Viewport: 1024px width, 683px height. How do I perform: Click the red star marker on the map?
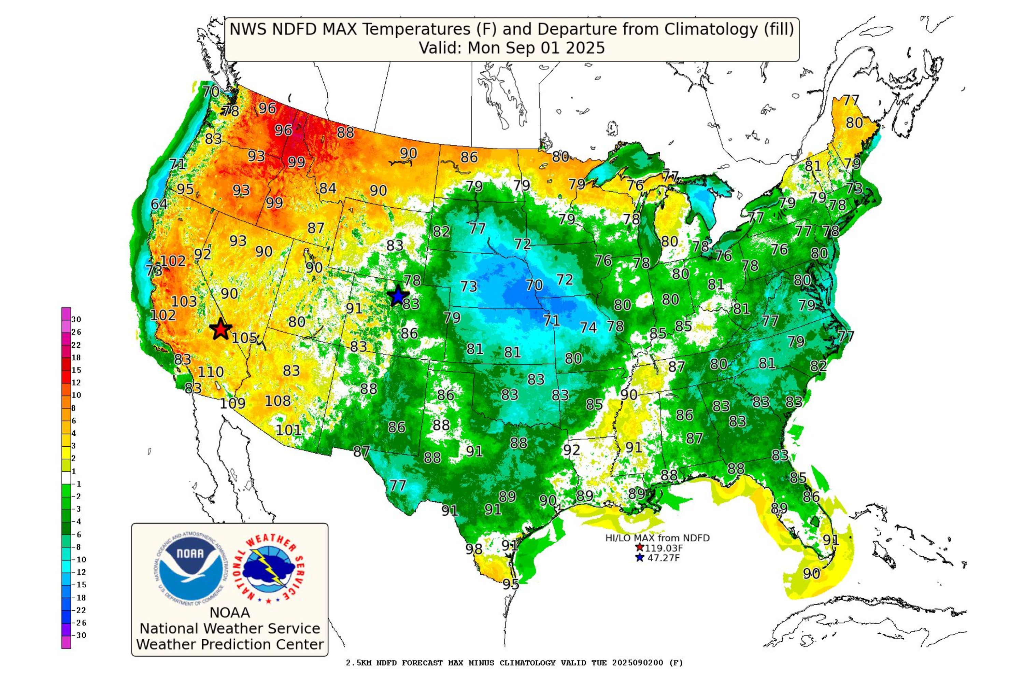tap(221, 329)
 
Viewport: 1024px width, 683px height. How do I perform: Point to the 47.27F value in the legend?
tap(664, 558)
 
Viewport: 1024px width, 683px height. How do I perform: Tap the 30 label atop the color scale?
tap(76, 319)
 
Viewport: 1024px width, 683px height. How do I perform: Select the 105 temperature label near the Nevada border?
tap(244, 338)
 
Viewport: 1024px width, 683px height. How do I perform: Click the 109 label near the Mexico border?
tap(232, 403)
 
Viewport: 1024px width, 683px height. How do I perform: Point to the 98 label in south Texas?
tap(474, 549)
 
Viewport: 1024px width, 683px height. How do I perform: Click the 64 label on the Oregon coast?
tap(159, 204)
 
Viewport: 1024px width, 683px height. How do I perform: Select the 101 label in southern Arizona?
tap(288, 430)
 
